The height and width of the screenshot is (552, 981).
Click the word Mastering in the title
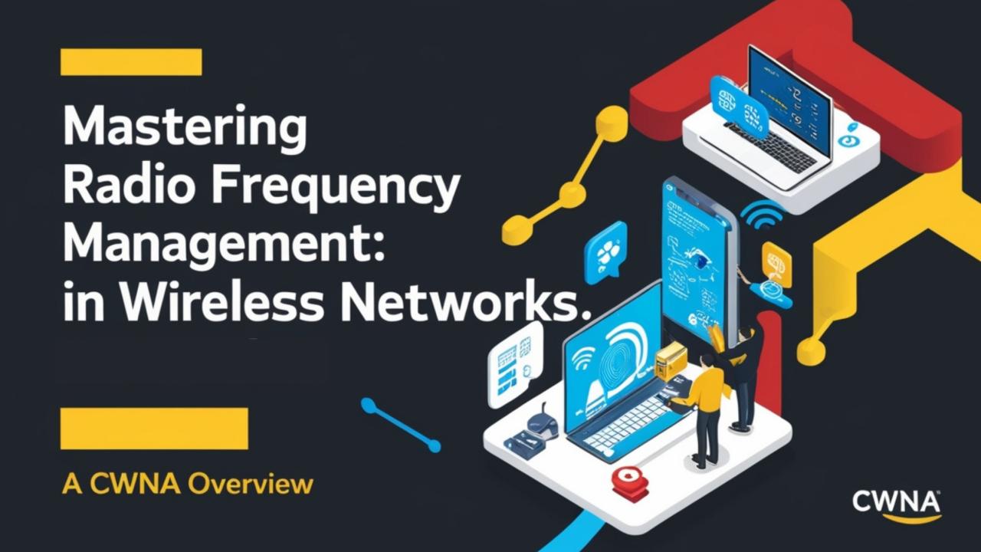click(184, 129)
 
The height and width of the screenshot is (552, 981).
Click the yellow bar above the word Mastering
click(131, 62)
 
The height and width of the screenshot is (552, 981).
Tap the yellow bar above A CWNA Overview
click(154, 429)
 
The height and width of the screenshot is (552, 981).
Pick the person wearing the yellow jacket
click(710, 406)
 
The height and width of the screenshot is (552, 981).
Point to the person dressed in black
click(743, 376)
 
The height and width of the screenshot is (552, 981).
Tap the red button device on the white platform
click(630, 483)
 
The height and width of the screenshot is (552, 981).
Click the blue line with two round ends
click(400, 424)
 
